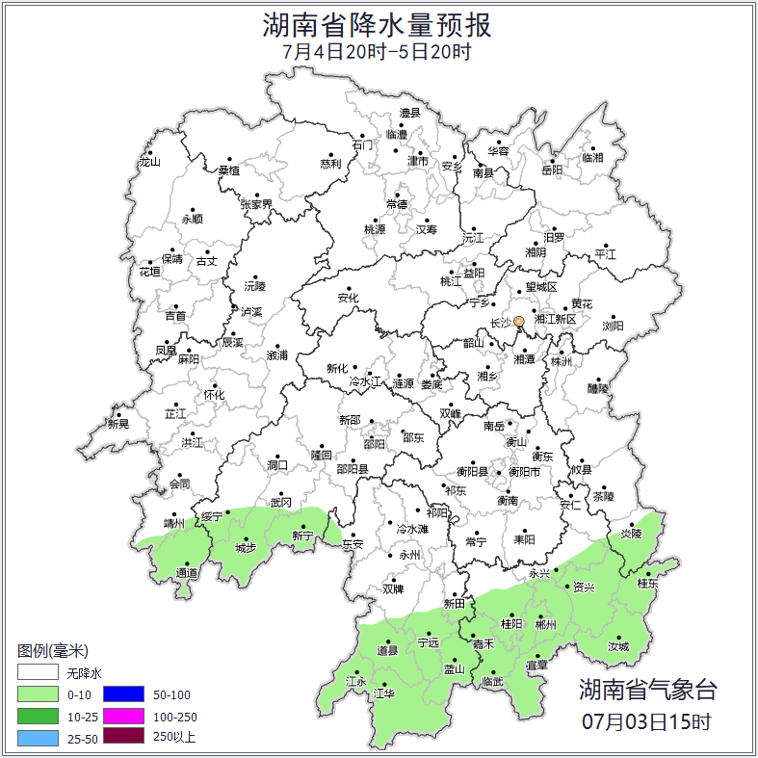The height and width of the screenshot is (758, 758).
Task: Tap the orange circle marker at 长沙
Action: click(518, 322)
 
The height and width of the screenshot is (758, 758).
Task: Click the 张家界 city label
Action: click(256, 204)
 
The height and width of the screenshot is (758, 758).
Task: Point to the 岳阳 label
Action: click(551, 170)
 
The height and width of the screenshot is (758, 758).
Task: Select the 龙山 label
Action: click(149, 162)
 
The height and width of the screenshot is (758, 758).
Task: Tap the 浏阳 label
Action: click(613, 326)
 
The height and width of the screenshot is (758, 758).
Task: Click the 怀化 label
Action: click(214, 395)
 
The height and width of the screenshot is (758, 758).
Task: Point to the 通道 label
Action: click(187, 573)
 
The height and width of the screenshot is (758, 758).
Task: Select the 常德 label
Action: click(396, 204)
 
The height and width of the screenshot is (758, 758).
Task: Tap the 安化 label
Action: click(348, 299)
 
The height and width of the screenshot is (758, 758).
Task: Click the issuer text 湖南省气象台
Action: click(647, 690)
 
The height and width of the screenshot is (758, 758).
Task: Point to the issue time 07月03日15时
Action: click(647, 720)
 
